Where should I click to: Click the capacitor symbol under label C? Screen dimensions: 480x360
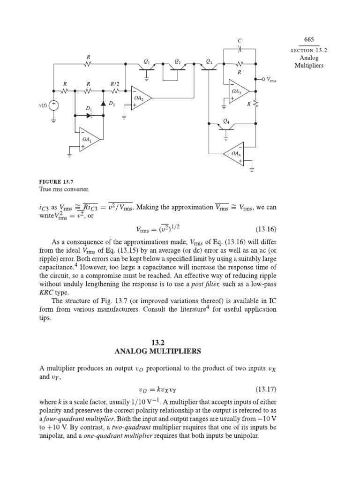[x=240, y=48]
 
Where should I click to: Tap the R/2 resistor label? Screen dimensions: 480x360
[x=115, y=84]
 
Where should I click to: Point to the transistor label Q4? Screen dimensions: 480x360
[x=226, y=121]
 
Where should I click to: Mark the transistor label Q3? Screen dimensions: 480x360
[x=209, y=61]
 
